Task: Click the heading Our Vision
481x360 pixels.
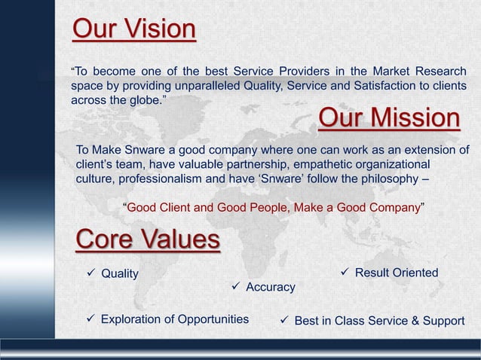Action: tap(134, 29)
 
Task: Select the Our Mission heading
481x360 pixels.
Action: tap(389, 119)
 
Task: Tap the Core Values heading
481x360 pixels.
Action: tap(148, 240)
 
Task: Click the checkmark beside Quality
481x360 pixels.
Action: tap(90, 273)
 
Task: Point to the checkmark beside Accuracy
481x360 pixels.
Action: tap(235, 287)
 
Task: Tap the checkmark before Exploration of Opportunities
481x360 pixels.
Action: tap(90, 319)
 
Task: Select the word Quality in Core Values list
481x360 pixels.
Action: tap(120, 273)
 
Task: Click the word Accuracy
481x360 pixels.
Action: tap(271, 288)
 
